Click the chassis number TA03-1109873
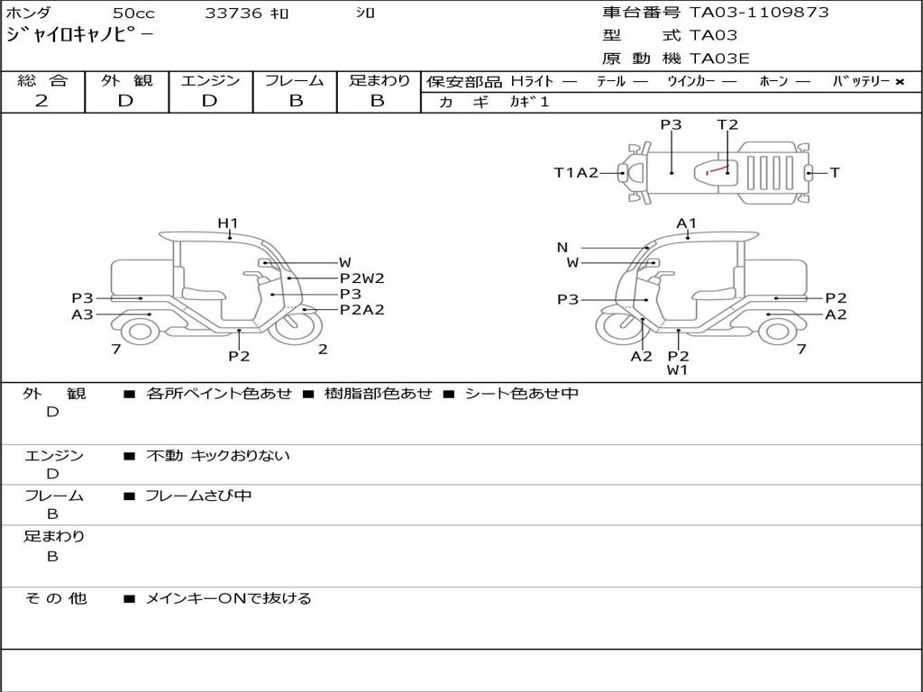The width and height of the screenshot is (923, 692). point(759,13)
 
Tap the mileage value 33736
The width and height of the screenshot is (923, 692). point(233,14)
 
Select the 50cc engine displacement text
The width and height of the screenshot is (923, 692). point(133,14)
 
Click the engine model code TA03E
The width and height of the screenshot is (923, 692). point(719,59)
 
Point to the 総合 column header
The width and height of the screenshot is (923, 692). point(42,80)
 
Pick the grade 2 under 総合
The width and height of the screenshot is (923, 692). point(41,101)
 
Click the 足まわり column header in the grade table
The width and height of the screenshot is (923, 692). point(379,80)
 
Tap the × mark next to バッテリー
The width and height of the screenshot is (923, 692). point(899,82)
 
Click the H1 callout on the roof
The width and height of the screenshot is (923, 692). point(227,223)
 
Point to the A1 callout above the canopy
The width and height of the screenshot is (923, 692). point(687,223)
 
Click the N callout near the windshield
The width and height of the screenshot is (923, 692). point(562,248)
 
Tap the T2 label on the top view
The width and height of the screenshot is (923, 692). point(727,125)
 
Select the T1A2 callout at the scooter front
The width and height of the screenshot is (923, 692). point(576,173)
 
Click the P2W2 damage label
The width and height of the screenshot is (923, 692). point(361,278)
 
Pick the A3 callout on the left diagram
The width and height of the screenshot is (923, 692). point(82,314)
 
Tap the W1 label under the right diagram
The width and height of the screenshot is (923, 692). point(678,370)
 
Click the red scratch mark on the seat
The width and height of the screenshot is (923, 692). point(717,169)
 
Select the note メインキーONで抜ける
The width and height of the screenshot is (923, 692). point(228,598)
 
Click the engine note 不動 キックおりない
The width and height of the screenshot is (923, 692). point(218,456)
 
